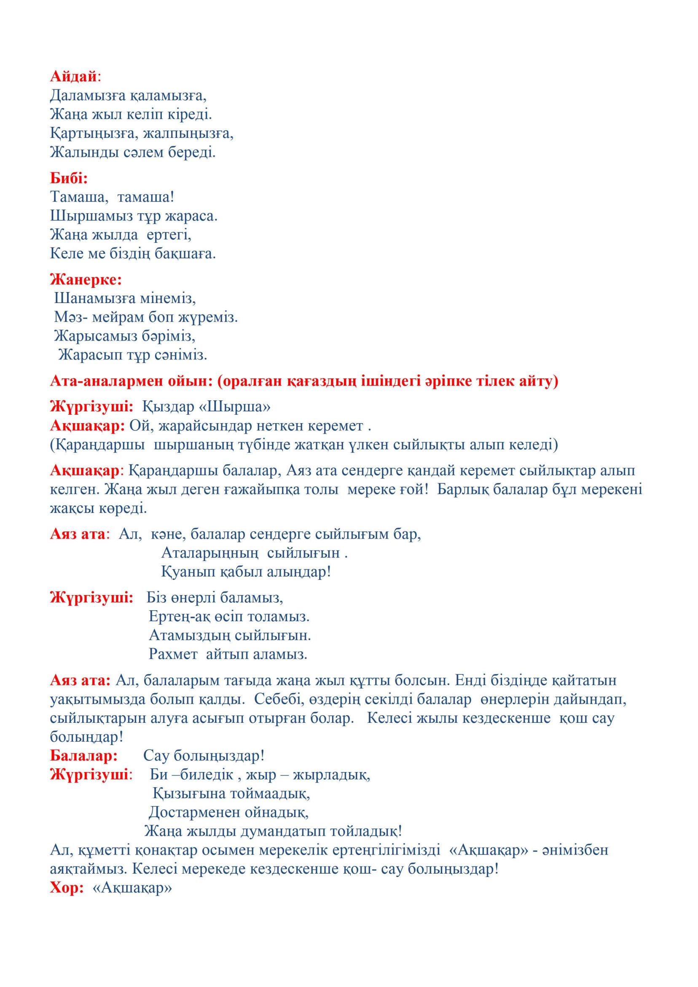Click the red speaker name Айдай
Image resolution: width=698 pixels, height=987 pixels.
tap(73, 77)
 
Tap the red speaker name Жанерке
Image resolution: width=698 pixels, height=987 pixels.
tap(86, 280)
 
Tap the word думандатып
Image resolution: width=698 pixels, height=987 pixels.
tap(283, 831)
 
